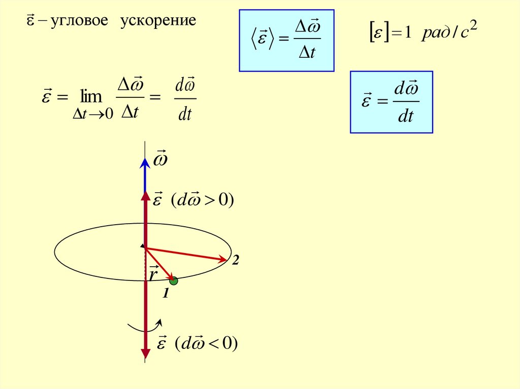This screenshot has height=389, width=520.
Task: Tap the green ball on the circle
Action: pos(174,280)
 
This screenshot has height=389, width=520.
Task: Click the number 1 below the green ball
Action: pos(165,294)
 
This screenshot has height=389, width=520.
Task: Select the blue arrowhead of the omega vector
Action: pos(145,162)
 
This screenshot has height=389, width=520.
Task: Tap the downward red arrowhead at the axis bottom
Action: pos(145,352)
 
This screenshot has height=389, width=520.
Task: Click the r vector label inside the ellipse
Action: pos(153,274)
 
